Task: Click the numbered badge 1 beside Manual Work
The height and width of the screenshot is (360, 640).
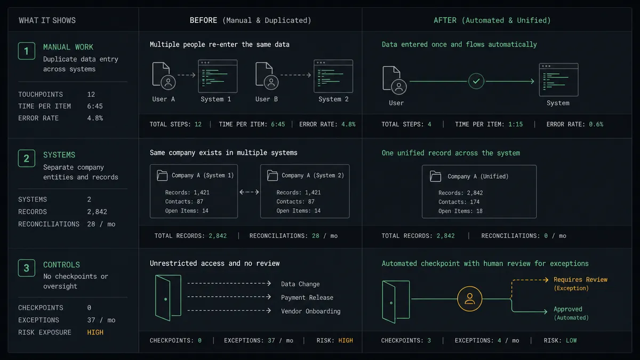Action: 27,51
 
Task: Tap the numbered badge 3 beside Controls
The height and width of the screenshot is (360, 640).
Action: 27,268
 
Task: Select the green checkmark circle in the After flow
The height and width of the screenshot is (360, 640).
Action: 476,81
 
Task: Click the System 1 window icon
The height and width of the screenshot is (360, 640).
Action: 218,76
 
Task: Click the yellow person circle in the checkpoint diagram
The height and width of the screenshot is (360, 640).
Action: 469,299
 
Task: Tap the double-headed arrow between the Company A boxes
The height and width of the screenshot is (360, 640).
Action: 249,192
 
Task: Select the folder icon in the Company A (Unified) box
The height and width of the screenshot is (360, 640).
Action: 435,177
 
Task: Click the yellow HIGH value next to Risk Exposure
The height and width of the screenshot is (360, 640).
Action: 95,332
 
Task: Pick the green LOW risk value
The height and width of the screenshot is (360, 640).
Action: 571,340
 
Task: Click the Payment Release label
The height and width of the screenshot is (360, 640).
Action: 307,298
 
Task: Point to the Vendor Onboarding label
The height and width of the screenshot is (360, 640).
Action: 310,311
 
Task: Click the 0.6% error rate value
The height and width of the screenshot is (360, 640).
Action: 596,124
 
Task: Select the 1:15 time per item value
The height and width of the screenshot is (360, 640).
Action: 515,124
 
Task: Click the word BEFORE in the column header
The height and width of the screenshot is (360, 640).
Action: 203,20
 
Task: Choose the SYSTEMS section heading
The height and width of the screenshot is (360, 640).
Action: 59,155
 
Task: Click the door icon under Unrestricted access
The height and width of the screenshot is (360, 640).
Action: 168,298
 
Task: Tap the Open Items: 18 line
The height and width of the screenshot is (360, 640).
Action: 460,211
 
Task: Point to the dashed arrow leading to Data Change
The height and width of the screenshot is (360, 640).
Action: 229,283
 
